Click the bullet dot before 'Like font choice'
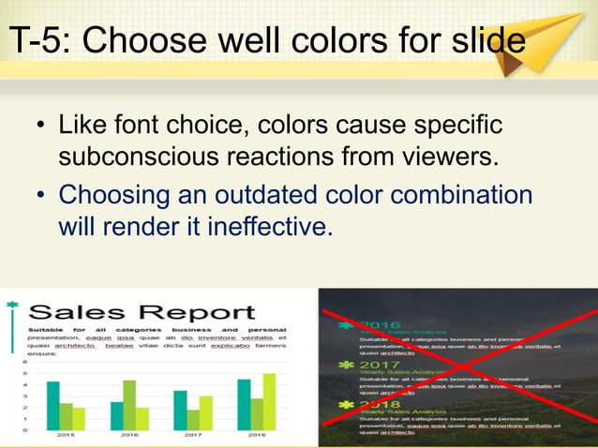click(x=40, y=127)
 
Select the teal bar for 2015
click(x=53, y=405)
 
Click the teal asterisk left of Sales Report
click(x=10, y=305)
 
